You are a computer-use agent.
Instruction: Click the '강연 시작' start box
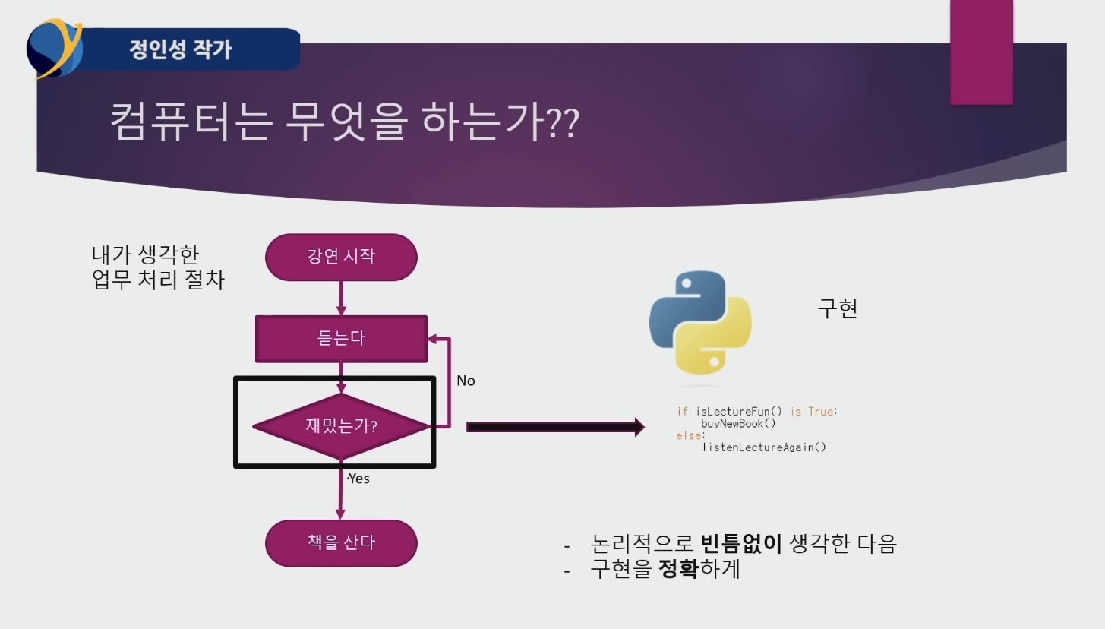[x=341, y=256]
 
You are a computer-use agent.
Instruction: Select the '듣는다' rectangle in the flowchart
[x=341, y=338]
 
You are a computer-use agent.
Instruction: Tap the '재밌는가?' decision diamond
[x=341, y=426]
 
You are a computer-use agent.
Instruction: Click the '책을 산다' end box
[x=341, y=542]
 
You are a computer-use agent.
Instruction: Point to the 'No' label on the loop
[x=466, y=381]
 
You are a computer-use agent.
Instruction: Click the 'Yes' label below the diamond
[x=358, y=479]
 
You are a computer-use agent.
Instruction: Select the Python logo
[x=700, y=324]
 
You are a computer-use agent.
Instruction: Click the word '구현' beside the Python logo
[x=837, y=308]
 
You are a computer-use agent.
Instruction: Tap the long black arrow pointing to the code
[x=554, y=428]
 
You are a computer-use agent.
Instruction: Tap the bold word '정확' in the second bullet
[x=677, y=569]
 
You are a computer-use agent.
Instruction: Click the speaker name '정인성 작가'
[x=181, y=50]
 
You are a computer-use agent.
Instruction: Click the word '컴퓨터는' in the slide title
[x=190, y=122]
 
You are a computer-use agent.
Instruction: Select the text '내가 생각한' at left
[x=145, y=254]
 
